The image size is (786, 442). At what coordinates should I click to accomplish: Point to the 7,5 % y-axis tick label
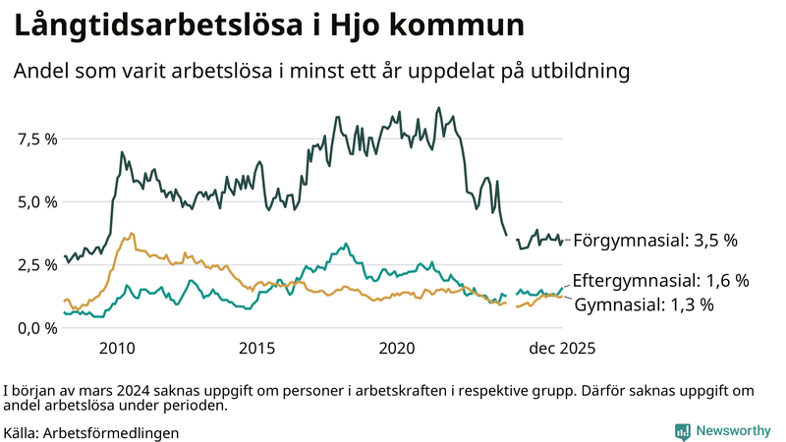point(37,139)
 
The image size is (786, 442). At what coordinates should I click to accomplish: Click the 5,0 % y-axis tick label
point(37,202)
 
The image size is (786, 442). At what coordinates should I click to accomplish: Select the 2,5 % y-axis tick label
point(37,265)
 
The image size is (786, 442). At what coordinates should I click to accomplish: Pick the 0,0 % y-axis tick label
point(37,328)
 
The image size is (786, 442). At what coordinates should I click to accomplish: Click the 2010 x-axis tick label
point(117,349)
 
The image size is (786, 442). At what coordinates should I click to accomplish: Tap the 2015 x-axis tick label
point(257,349)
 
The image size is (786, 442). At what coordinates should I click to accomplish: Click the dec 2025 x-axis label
point(562,349)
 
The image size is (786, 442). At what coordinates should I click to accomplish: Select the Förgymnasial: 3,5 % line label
point(654,240)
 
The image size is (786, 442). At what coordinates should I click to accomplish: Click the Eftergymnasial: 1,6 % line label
point(660,281)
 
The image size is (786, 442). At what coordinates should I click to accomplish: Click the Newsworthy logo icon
point(682,431)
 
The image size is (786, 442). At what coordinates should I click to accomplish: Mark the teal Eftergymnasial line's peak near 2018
point(344,243)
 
